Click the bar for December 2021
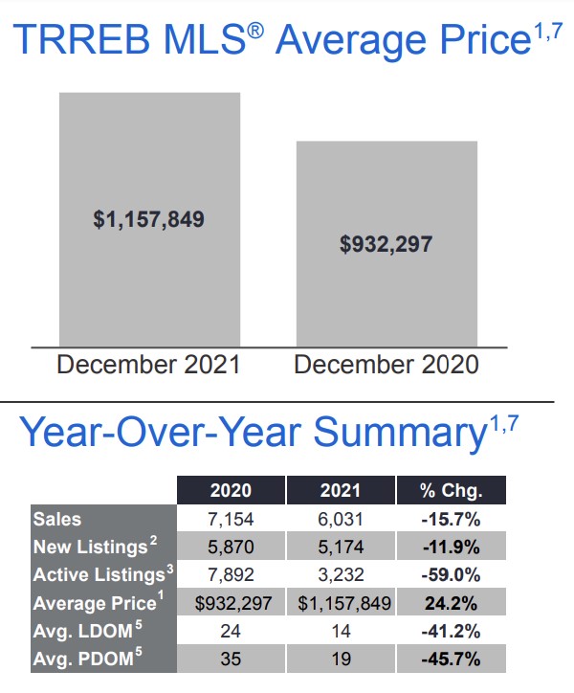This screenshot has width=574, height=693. (149, 218)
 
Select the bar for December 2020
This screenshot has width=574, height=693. (386, 243)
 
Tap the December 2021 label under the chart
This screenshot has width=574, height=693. (149, 365)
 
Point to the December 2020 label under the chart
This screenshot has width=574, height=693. (386, 365)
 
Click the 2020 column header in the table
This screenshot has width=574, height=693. (231, 491)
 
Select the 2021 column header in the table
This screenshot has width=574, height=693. (341, 491)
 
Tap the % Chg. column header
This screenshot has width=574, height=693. (451, 491)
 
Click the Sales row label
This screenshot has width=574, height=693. (57, 519)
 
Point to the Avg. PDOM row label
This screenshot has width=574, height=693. (80, 659)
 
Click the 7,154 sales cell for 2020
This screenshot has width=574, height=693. (231, 519)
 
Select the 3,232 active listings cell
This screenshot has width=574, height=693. (341, 575)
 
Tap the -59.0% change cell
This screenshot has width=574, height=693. (451, 575)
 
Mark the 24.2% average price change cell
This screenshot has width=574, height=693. (451, 603)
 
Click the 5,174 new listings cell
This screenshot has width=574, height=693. (341, 547)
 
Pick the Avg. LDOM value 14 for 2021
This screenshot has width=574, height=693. (341, 631)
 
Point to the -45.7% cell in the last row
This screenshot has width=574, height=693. (451, 659)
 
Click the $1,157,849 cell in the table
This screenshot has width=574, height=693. (341, 603)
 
